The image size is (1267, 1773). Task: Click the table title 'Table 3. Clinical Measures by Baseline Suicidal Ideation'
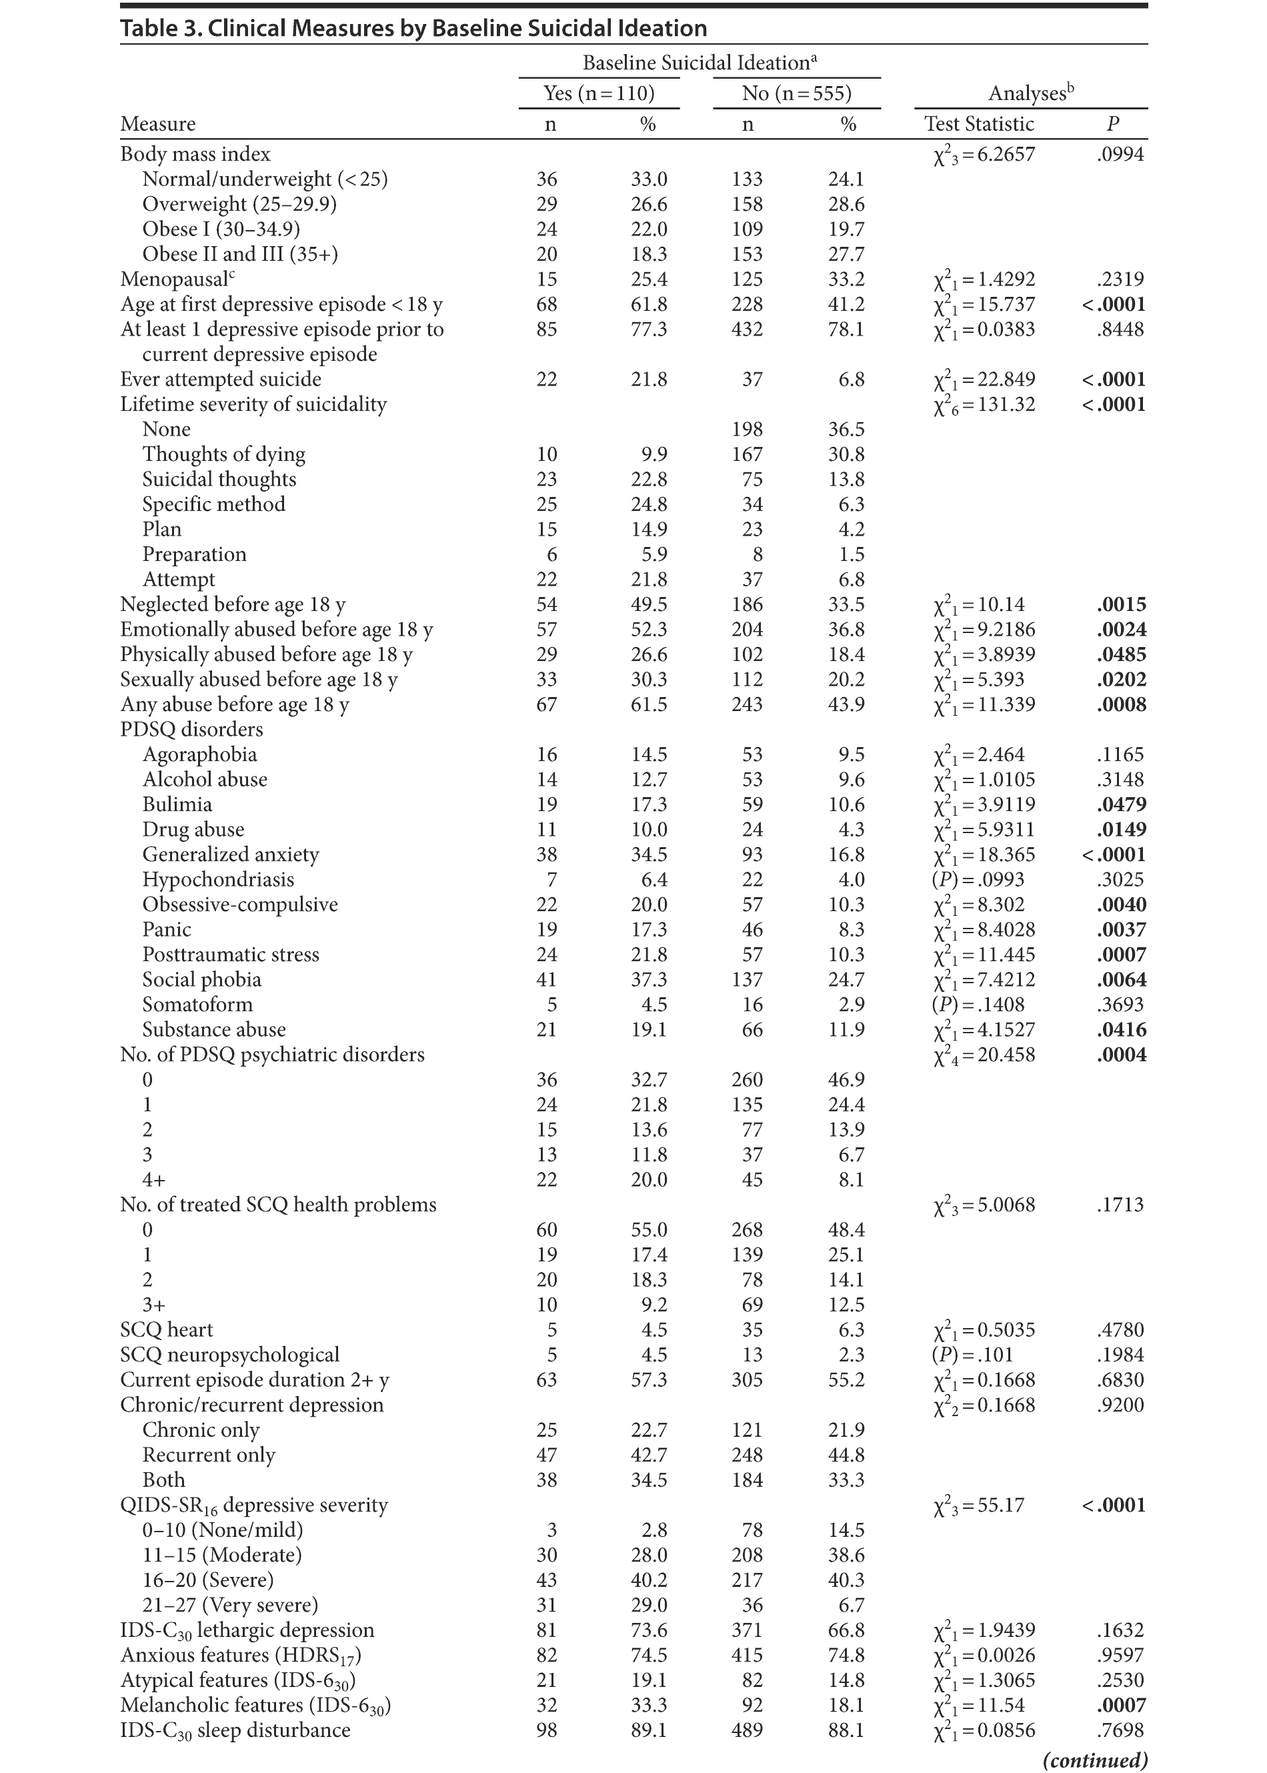tap(413, 29)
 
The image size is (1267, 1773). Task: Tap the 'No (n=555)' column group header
tap(797, 93)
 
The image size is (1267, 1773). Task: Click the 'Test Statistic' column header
tap(978, 124)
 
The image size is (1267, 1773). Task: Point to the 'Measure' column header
tap(157, 124)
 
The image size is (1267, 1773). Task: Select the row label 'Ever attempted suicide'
tap(221, 380)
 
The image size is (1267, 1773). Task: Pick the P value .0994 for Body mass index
tap(1120, 155)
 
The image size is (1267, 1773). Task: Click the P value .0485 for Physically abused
tap(1120, 655)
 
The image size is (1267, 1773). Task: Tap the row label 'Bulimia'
tap(177, 804)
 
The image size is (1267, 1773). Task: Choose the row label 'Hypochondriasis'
tap(219, 879)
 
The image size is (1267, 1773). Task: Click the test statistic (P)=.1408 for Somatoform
tap(978, 1005)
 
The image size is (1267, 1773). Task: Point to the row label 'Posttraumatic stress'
tap(231, 955)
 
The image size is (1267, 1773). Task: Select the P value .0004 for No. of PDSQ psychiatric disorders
tap(1120, 1055)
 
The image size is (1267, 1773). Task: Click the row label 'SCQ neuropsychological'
tap(230, 1355)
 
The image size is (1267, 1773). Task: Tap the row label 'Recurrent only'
tap(209, 1455)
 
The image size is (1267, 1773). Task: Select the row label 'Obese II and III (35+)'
tap(240, 254)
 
